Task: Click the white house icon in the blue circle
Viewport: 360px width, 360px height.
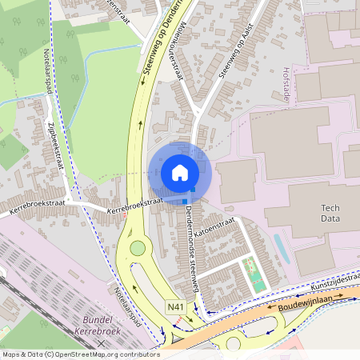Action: tap(180, 173)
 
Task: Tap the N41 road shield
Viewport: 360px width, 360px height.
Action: tap(175, 307)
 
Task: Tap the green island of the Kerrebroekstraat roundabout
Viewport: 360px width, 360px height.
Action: tap(138, 249)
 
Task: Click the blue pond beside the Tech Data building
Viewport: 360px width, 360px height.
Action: tap(281, 247)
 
